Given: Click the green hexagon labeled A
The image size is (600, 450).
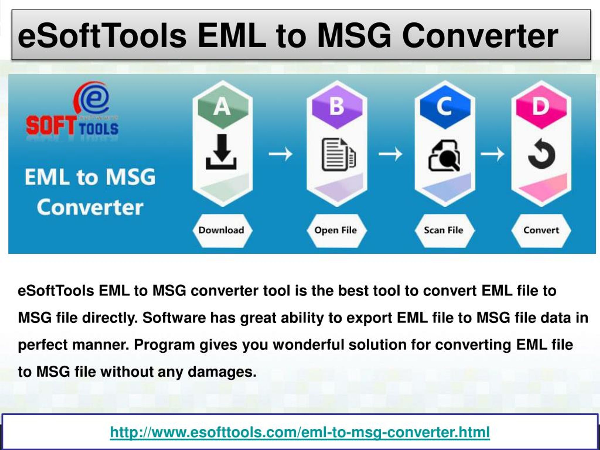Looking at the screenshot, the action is pos(223,107).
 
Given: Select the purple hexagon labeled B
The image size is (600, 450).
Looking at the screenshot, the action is pos(337,107).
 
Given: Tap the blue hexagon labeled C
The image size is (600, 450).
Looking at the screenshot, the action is pos(445,107).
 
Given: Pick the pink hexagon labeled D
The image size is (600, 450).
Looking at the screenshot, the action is pos(541,107).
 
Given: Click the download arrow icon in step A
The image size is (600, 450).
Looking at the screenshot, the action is pos(221,152).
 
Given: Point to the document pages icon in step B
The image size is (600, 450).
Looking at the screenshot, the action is pos(338,155).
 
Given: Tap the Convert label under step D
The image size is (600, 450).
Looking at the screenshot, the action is pos(541,231).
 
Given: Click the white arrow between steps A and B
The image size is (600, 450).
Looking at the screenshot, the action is pos(281,154).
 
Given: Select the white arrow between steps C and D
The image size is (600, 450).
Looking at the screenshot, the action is pos(493,154).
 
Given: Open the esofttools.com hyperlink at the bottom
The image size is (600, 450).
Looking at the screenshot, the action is pos(300,432).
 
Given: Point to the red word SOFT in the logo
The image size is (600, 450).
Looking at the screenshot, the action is pos(51,126).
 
